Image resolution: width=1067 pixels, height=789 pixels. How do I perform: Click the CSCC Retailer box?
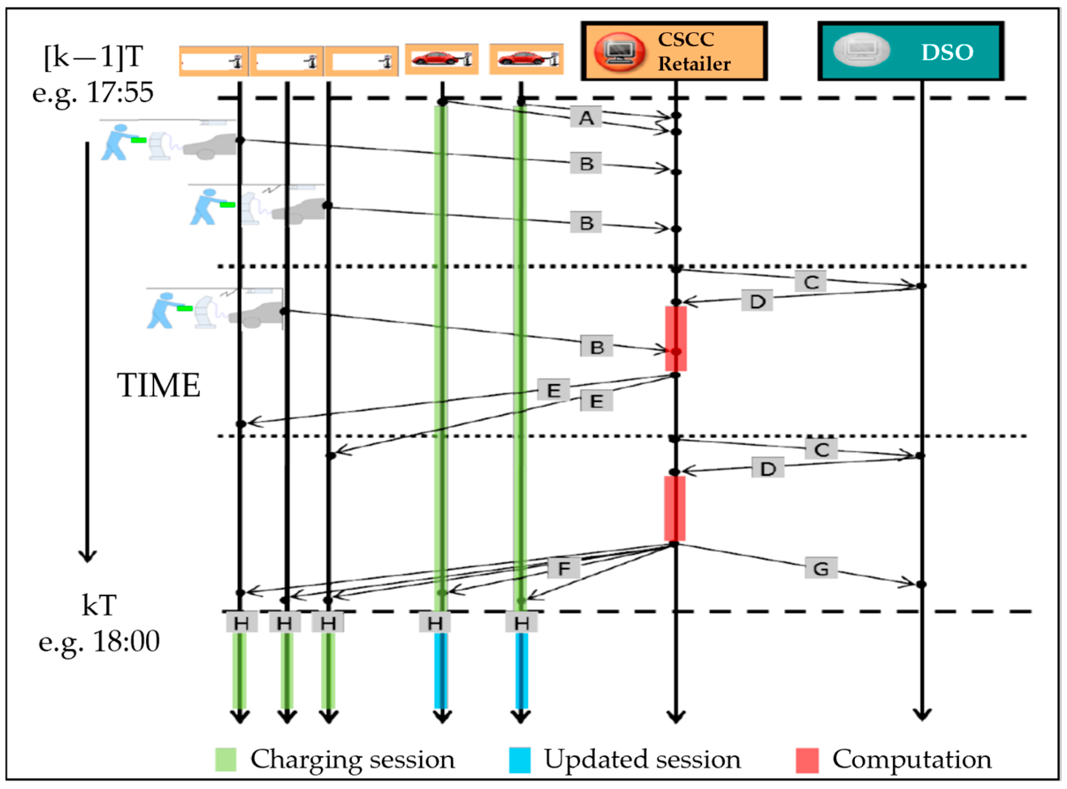pos(674,51)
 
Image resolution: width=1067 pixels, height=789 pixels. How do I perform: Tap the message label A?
pos(586,117)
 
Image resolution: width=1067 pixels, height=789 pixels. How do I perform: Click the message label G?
pos(820,568)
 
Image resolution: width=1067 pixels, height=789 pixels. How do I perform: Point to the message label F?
pos(564,568)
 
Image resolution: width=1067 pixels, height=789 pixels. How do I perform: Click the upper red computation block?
pos(675,338)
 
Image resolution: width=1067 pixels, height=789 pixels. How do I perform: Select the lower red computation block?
pos(674,508)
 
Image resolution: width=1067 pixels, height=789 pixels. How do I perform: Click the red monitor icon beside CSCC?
pos(618,52)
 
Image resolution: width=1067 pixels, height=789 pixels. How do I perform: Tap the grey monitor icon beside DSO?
pos(861,50)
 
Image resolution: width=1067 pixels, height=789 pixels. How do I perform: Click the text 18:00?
pos(126,641)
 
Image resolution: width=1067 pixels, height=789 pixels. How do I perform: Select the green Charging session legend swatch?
pos(226,759)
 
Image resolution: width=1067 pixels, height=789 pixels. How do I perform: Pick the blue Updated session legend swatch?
pos(519,759)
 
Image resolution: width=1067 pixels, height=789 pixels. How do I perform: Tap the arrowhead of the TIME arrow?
pos(87,557)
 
